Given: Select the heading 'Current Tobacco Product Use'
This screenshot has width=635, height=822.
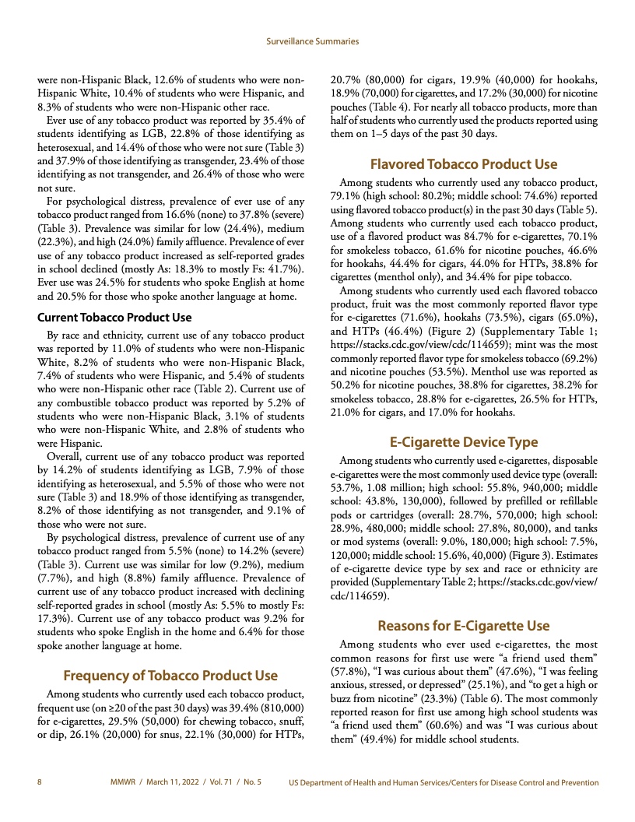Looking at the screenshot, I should point(114,317).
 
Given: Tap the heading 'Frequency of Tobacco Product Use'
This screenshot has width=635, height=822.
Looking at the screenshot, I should point(170,674).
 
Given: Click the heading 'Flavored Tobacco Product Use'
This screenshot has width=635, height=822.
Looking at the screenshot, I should point(464,164).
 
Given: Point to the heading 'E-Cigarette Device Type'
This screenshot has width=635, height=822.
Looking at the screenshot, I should point(464,441).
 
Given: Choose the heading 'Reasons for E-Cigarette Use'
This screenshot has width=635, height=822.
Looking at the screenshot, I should point(464,625).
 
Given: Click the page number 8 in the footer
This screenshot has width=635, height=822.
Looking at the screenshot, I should point(40,782).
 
